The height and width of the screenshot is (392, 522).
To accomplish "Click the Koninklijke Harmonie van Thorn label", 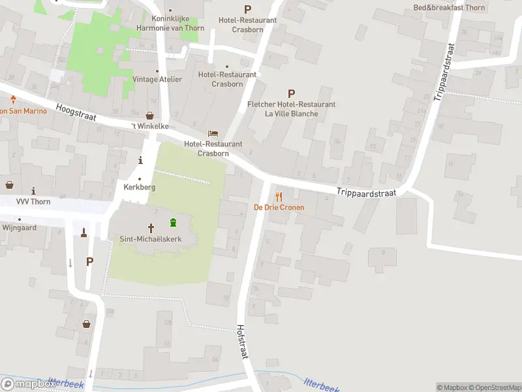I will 170,24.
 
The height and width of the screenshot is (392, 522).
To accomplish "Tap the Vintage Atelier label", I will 157,79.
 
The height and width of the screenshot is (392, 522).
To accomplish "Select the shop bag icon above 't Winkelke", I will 149,115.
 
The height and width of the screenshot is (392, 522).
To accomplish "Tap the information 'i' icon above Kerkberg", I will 140,160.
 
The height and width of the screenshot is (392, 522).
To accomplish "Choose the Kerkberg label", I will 139,187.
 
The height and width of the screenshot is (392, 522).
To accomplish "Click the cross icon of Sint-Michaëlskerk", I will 151,228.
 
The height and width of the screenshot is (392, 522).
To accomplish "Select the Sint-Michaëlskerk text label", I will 150,239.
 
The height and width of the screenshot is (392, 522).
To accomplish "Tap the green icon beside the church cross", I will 173,222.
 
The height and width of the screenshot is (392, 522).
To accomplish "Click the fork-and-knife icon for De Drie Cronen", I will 279,196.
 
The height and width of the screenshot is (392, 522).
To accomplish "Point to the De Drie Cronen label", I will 279,208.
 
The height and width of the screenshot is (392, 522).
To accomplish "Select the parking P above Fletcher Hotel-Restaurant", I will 291,93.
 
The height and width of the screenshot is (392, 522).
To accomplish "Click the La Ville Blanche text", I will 291,114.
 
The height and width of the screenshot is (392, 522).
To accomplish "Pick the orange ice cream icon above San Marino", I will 13,99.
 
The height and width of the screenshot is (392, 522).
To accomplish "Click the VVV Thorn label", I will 33,201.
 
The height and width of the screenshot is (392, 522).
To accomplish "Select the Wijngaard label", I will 19,228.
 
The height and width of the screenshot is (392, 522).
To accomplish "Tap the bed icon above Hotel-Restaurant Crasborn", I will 213,133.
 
